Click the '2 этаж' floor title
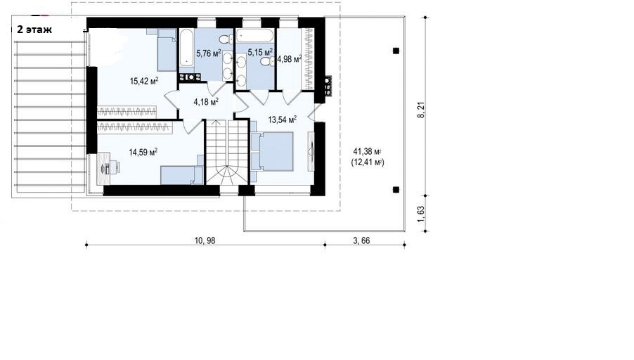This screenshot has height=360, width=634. click(34, 30)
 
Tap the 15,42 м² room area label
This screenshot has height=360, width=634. click(144, 81)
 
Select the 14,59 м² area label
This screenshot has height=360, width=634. click(143, 152)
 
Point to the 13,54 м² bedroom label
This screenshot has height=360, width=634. click(283, 120)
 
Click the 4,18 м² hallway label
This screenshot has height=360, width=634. click(206, 101)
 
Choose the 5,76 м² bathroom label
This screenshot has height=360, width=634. click(209, 53)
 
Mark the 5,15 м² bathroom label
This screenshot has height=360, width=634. click(260, 52)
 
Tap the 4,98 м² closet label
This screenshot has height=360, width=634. click(290, 60)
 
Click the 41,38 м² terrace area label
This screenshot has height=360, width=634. click(368, 152)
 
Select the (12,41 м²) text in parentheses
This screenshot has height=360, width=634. click(368, 162)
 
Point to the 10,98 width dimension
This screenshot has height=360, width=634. click(205, 240)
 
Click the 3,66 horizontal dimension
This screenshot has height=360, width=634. click(361, 240)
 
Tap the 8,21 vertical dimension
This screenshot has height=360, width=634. click(421, 110)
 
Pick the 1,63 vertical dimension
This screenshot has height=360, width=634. click(421, 214)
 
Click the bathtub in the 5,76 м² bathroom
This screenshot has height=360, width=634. click(186, 49)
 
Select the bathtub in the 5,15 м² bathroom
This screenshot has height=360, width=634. click(255, 36)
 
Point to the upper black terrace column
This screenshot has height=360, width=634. click(396, 51)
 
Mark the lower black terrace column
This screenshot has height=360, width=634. click(396, 189)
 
